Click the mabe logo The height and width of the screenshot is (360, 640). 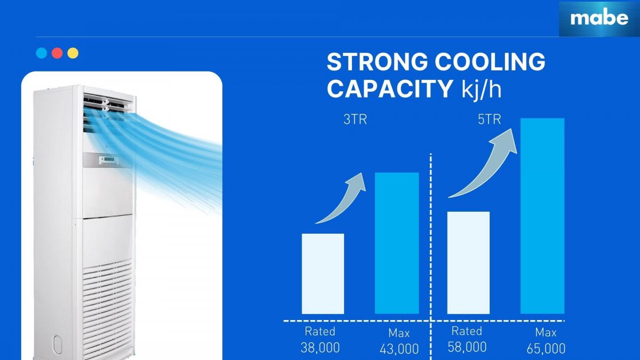pos(599,19)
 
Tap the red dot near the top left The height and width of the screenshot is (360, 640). pos(57,53)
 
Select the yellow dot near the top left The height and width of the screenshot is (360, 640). pos(73,53)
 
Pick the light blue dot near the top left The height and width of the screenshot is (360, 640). pos(42,53)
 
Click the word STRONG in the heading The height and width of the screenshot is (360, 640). pos(378,62)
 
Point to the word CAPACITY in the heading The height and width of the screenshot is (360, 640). pos(390,89)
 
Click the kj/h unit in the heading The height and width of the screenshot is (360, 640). pos(482,90)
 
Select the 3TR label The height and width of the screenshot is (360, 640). pos(355,119)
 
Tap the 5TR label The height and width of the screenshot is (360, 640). pos(490,119)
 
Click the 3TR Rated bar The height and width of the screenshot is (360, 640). pos(323,274)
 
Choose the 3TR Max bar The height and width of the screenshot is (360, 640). pos(397,243)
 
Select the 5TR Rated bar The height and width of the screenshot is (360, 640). pos(468,263)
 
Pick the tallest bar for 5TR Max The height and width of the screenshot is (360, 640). pos(542,216)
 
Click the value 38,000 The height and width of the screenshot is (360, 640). pos(320,348)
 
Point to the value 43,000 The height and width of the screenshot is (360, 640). pos(399,349)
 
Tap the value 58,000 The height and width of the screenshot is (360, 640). pos(467,347)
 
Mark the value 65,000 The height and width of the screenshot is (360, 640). pos(546,349)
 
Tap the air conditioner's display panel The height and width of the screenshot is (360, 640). pos(110,159)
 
